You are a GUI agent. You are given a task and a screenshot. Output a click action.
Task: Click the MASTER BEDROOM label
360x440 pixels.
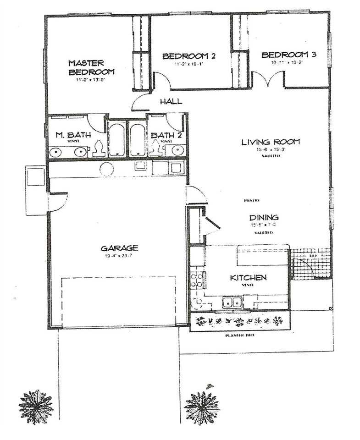91,67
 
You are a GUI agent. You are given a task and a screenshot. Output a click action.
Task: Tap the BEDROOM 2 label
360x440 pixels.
189,56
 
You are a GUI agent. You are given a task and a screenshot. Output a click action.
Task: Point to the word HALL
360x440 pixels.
171,102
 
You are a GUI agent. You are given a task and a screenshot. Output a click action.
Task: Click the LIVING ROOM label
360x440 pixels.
271,142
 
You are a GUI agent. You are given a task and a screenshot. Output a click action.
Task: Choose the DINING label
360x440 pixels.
264,217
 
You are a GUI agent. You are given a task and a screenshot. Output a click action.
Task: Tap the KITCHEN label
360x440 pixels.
248,278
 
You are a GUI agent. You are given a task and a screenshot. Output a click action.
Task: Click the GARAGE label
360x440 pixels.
119,248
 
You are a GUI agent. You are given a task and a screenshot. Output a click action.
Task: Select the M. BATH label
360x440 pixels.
73,135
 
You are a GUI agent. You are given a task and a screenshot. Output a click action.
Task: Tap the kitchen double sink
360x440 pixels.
233,302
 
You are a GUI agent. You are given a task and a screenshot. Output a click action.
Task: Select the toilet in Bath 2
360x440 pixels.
155,148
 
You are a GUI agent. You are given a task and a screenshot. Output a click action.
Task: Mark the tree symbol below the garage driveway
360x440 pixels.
36,407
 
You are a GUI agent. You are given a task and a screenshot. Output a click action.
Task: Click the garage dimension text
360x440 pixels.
119,256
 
